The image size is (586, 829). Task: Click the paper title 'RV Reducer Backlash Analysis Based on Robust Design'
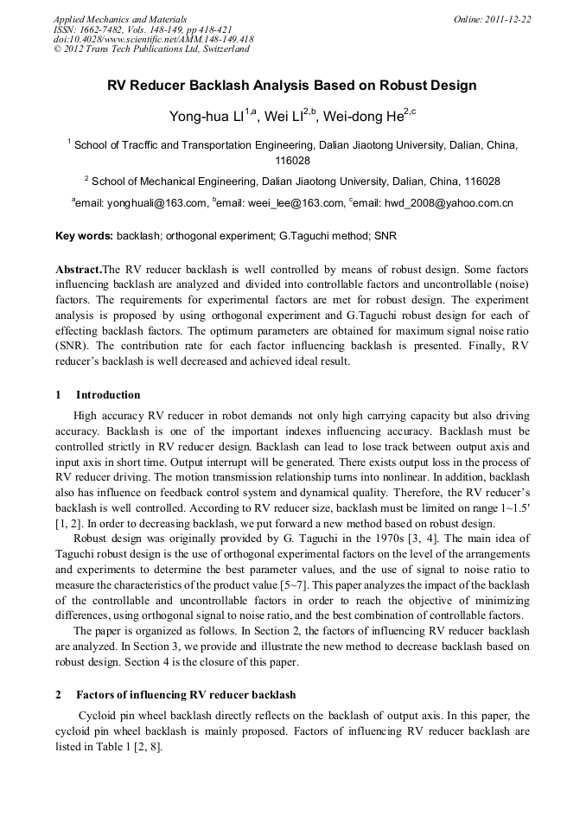tap(292, 86)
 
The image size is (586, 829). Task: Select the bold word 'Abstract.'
tap(79, 269)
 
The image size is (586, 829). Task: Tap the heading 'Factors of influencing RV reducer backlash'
tap(185, 694)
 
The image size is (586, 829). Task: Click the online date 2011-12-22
tap(508, 19)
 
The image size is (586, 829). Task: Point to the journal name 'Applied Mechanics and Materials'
tap(120, 19)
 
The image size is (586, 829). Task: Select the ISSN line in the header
tap(142, 29)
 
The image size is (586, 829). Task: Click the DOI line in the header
tap(153, 39)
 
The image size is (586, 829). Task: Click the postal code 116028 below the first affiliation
tap(292, 161)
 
